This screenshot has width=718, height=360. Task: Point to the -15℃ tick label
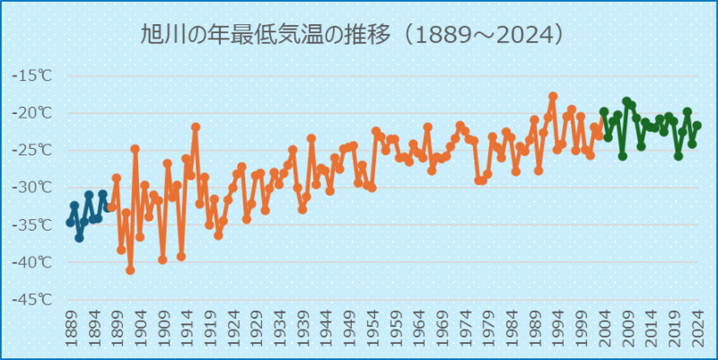[32, 75]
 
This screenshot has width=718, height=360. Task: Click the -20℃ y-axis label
[32, 113]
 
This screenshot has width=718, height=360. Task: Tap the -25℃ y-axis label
[32, 150]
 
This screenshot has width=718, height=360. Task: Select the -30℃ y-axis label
[32, 188]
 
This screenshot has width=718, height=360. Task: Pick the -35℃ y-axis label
[32, 224]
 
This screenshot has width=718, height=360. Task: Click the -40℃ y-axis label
[32, 262]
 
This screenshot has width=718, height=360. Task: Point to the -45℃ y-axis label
[32, 300]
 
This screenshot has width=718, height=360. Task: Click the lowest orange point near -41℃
[130, 269]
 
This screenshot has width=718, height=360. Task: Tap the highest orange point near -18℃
[553, 96]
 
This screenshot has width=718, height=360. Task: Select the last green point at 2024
[697, 126]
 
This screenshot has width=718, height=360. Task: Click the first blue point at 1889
[70, 222]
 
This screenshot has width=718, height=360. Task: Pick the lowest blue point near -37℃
[79, 237]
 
